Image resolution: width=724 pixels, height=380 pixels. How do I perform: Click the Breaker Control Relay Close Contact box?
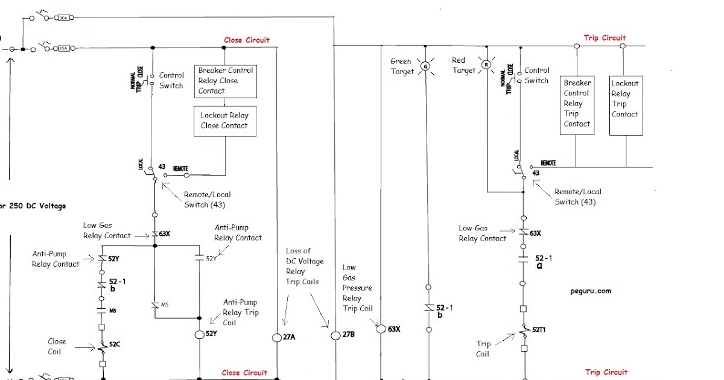click(226, 81)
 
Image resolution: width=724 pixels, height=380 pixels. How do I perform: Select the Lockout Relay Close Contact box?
click(224, 121)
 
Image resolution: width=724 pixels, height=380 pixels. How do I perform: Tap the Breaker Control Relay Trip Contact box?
click(577, 103)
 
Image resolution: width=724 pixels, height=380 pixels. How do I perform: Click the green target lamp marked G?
click(425, 66)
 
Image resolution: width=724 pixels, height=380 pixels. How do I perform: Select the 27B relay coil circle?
click(335, 335)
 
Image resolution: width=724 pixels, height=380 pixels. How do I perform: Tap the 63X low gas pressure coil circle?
click(381, 329)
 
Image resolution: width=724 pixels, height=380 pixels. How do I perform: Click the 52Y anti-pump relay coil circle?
click(199, 334)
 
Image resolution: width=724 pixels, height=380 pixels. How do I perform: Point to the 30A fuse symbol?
click(63, 18)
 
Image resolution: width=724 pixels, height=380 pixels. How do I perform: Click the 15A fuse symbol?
click(63, 48)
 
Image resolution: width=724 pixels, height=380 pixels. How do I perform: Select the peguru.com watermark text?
click(590, 291)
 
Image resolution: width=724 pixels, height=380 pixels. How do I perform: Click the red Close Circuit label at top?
click(247, 40)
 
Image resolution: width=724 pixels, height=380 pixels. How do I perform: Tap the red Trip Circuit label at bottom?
click(606, 372)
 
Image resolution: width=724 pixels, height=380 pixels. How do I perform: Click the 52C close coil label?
click(115, 344)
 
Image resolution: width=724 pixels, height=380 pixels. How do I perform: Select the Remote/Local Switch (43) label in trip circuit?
click(577, 197)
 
